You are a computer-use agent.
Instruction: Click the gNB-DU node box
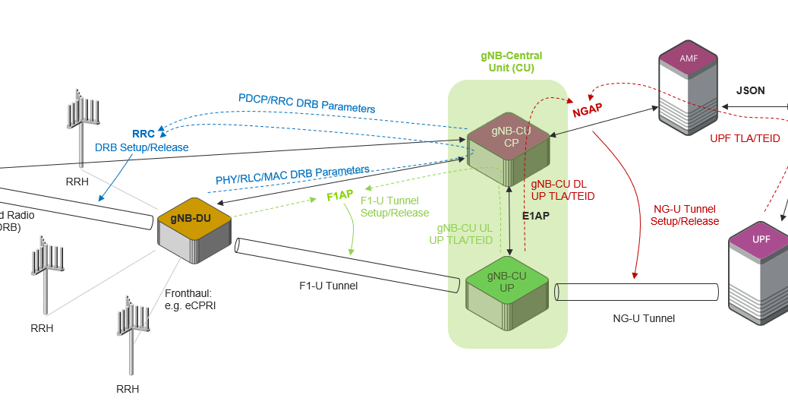point(194,232)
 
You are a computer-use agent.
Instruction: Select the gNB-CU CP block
point(508,148)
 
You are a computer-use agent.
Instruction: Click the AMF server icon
point(688,87)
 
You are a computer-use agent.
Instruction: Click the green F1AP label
point(339,196)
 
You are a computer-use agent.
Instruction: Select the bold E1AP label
point(535,215)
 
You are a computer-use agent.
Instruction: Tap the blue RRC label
point(143,134)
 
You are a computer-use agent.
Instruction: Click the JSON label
point(750,90)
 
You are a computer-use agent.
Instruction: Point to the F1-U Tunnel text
point(328,286)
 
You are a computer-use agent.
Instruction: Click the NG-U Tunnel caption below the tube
point(644,318)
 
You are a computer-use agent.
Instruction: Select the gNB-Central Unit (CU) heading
point(511,62)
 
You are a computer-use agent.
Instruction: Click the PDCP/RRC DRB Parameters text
point(307,103)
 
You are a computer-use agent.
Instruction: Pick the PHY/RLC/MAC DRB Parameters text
point(292,175)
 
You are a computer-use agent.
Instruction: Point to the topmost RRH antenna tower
point(82,125)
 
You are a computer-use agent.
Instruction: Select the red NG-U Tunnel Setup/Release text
point(684,215)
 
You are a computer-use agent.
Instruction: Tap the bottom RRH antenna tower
point(130,334)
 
